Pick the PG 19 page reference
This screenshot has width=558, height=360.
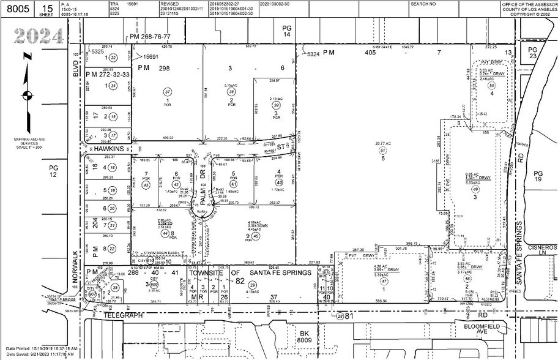click(x=538, y=177)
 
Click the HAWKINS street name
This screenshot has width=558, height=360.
click(x=103, y=148)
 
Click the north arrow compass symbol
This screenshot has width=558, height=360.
click(x=27, y=95)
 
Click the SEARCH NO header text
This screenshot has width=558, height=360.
click(x=423, y=4)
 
